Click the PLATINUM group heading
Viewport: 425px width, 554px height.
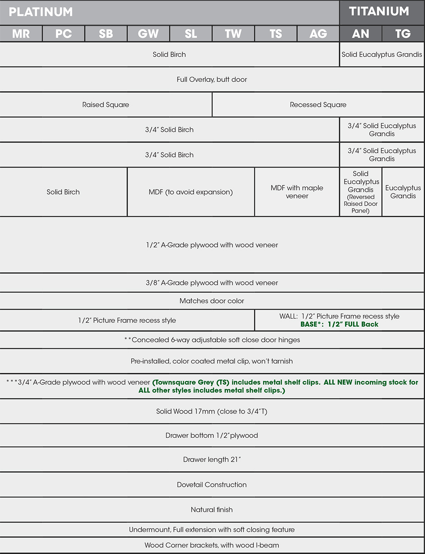[41, 12]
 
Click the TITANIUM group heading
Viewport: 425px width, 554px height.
[379, 11]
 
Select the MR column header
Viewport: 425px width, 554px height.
[21, 34]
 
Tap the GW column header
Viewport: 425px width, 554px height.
[148, 34]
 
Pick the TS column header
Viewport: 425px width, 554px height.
[276, 34]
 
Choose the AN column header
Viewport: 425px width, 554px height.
[360, 34]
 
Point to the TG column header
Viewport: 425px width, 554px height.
[403, 34]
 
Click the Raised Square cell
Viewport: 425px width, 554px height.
[106, 105]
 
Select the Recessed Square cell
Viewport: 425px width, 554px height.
[318, 105]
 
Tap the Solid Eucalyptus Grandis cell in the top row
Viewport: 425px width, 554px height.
[382, 54]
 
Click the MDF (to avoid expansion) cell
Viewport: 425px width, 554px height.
[191, 192]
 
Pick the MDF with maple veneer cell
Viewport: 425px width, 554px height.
[297, 192]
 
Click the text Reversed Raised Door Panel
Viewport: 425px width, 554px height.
[360, 204]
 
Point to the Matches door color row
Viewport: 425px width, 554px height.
[212, 301]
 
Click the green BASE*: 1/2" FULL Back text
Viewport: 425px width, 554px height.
[339, 324]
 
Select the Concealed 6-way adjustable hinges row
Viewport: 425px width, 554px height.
[212, 340]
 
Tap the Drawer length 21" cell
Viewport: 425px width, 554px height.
[212, 459]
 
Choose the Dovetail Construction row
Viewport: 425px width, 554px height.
[212, 484]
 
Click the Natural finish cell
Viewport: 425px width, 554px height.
[212, 509]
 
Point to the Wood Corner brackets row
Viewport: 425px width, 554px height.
[212, 545]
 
